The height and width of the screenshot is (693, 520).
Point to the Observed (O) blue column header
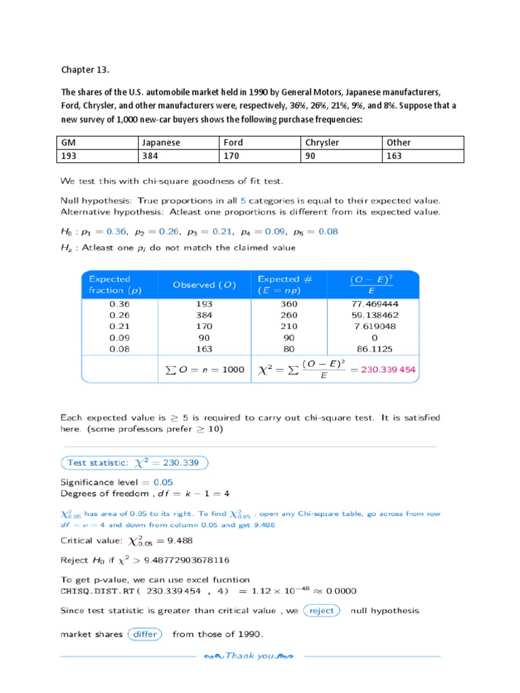pos(204,285)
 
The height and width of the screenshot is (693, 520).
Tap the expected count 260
pos(288,315)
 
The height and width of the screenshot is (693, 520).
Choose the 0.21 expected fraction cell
pos(119,326)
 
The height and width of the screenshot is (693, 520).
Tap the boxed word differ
pos(145,634)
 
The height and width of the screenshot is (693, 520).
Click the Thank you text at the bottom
pos(249,656)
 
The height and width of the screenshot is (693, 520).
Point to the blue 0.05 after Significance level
pos(163,483)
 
